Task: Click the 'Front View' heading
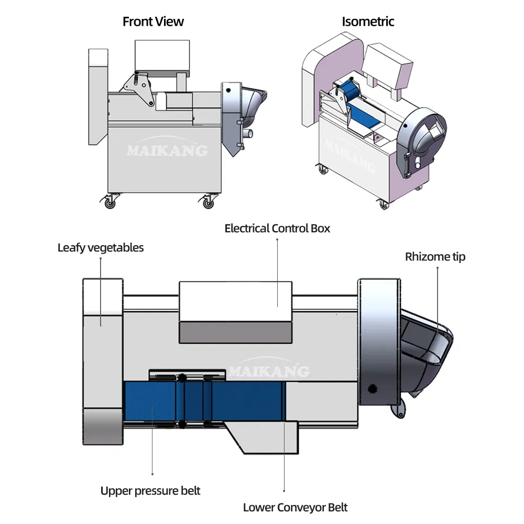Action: click(x=153, y=22)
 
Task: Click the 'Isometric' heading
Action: click(x=368, y=22)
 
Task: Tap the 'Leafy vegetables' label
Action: click(x=101, y=248)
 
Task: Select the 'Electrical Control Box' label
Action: click(x=277, y=228)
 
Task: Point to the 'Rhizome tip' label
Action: click(x=435, y=257)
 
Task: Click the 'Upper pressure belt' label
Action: click(x=150, y=491)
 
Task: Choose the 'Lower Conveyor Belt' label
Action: click(x=295, y=507)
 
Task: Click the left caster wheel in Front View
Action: click(x=110, y=202)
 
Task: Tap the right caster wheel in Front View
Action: click(x=209, y=202)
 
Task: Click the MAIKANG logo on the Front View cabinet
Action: click(x=167, y=151)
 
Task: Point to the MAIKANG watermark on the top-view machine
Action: click(x=268, y=372)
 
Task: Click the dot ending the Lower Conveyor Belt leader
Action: click(x=283, y=491)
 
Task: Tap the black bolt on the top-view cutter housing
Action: click(x=373, y=388)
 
